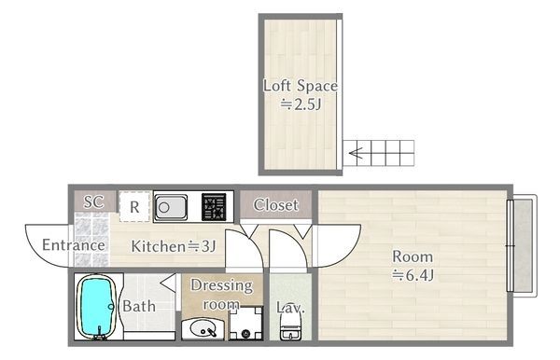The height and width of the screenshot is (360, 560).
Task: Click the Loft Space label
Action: [x=301, y=86]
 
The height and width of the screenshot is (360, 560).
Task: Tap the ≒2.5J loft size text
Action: [x=301, y=104]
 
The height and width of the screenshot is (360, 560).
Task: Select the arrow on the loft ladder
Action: [x=357, y=153]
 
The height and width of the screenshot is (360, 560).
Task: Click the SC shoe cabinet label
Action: [x=94, y=202]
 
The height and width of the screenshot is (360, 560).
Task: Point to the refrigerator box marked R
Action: [x=134, y=207]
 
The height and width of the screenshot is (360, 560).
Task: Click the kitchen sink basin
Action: [x=171, y=207]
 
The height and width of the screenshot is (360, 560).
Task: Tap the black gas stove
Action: [x=214, y=207]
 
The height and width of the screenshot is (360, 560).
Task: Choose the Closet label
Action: [x=275, y=205]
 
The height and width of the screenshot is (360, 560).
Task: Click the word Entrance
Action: [x=74, y=245]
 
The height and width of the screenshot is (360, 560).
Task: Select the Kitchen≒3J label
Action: [x=174, y=246]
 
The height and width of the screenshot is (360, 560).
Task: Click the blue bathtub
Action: [x=97, y=307]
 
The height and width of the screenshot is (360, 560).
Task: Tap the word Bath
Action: [x=139, y=306]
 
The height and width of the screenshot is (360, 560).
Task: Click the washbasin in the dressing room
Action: [x=203, y=328]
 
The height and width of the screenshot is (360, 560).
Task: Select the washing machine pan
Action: [x=245, y=324]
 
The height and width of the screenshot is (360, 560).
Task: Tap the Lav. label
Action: [x=290, y=308]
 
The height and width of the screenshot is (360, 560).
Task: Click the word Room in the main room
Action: [x=413, y=256]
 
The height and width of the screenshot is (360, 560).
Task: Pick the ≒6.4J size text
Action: [x=413, y=275]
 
